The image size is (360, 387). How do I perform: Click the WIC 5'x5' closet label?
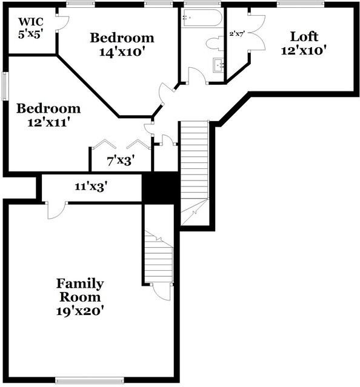(x=31, y=28)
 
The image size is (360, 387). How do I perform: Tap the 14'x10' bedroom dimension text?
(x=122, y=52)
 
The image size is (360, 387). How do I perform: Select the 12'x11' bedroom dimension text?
(x=48, y=122)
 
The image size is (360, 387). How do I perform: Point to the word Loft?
(x=304, y=36)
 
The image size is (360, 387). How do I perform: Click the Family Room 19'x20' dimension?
(x=79, y=311)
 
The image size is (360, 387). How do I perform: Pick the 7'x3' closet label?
(x=121, y=161)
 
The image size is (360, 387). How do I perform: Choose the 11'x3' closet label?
(x=91, y=187)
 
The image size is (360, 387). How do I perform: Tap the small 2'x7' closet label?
(x=237, y=34)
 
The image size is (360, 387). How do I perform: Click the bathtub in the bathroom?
(x=202, y=18)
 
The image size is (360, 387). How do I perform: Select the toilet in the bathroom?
(x=215, y=44)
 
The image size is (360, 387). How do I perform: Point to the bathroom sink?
(x=219, y=65)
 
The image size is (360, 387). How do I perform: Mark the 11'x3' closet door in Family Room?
(x=56, y=211)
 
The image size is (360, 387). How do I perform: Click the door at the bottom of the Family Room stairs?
(x=162, y=292)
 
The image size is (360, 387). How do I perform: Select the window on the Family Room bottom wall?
(x=89, y=380)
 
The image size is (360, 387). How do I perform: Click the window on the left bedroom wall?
(x=5, y=86)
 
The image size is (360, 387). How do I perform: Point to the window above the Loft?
(x=300, y=4)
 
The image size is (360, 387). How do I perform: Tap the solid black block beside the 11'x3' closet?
(x=161, y=188)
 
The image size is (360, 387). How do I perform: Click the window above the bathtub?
(x=202, y=4)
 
